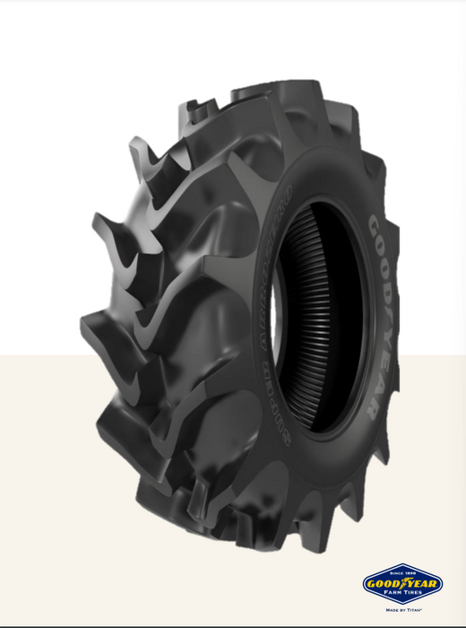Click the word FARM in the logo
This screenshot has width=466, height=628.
pos(391,592)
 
